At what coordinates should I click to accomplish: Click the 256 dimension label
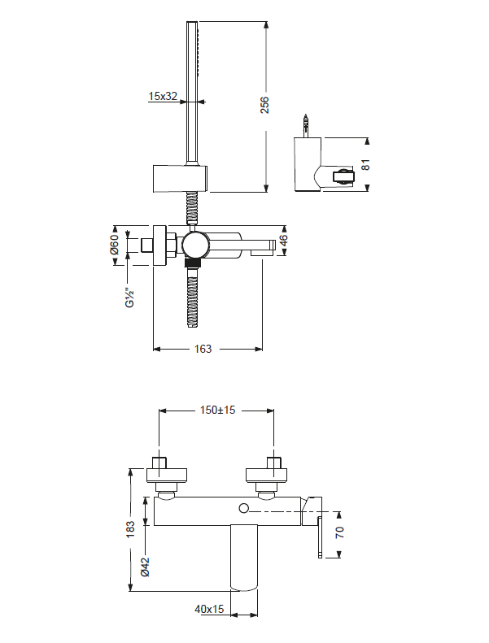tap(264, 105)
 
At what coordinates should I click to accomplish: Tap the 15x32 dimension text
tap(163, 96)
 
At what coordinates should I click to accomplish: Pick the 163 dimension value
tap(203, 349)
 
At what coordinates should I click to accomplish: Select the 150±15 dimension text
tap(217, 411)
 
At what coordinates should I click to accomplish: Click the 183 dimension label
tap(130, 529)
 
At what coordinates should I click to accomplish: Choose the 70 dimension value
tap(340, 533)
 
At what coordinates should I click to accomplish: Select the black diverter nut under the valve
tap(193, 263)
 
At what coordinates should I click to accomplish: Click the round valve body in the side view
tap(194, 245)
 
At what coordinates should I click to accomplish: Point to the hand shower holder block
tap(180, 177)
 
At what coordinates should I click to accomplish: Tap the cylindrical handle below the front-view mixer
tap(244, 557)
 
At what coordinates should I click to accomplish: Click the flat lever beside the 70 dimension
tap(320, 537)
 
